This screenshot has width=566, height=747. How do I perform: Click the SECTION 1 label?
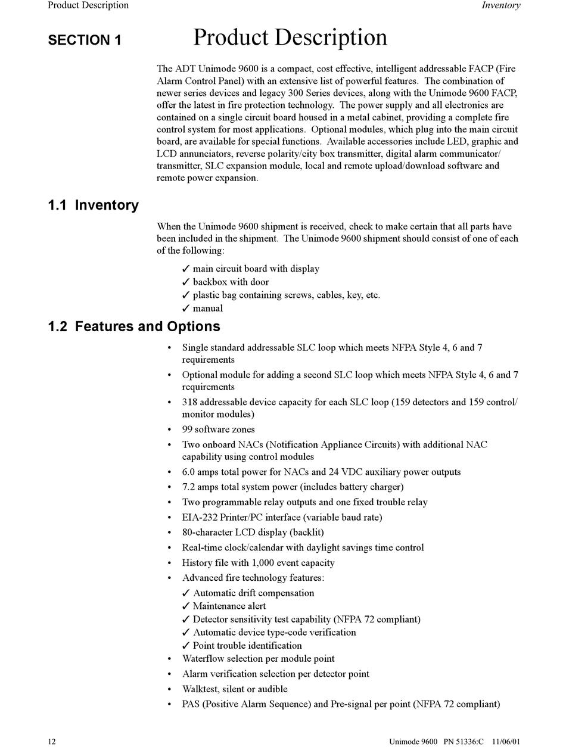85,41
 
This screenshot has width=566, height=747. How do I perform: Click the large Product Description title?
290,38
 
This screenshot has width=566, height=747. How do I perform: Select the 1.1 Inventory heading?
93,206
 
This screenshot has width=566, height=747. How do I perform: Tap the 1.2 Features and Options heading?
134,326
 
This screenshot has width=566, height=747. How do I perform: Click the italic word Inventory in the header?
500,5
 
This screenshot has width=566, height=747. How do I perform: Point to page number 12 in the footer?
52,742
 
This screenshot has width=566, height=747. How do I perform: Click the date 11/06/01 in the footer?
506,742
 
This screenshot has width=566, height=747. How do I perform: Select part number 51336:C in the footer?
469,742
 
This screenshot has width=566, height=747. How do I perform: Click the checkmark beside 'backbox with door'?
186,282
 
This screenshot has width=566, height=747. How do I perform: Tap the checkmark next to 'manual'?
186,308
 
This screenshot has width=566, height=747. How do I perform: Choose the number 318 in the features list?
189,402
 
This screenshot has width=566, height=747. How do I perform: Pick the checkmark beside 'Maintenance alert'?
186,606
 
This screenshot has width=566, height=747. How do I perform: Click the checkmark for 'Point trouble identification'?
186,646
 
